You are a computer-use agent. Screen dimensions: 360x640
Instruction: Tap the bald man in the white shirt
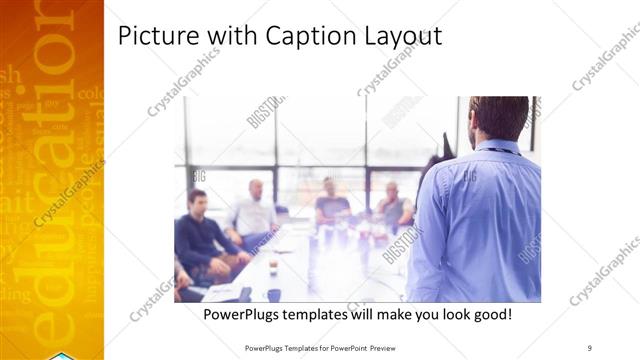[255, 211]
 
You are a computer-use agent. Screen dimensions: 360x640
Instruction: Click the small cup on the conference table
[273, 266]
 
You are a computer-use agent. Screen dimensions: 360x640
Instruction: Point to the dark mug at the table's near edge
[273, 295]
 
